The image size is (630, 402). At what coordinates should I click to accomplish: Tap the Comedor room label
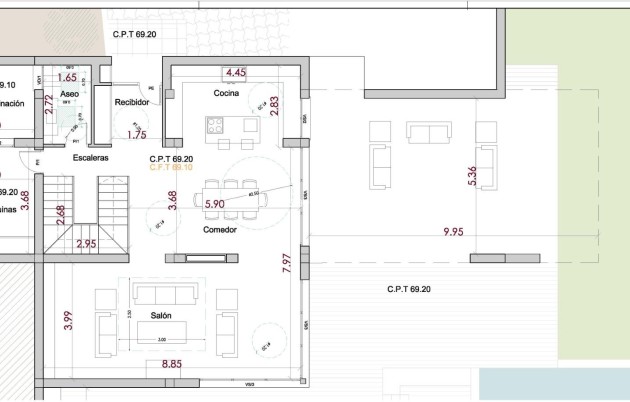coord(219,228)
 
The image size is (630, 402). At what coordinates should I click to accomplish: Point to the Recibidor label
coord(131,102)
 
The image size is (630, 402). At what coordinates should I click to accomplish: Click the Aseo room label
coord(69,93)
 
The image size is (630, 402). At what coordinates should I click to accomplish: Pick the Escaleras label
coord(90,158)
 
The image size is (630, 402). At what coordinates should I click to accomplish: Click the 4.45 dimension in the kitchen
coord(235,73)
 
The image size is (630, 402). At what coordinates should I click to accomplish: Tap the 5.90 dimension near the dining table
coord(214,204)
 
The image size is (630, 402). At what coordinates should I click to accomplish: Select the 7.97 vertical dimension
coord(287,263)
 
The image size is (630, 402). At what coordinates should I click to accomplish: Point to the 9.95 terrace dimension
coord(454,232)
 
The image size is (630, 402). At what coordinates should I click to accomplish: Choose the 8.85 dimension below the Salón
coord(172,366)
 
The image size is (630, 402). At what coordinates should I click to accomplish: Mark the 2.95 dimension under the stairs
coord(86,243)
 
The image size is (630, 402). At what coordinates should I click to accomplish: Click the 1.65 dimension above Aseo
coord(67,77)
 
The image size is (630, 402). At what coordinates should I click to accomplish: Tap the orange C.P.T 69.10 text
coord(170,167)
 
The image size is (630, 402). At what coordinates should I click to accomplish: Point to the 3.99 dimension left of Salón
coord(68,321)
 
